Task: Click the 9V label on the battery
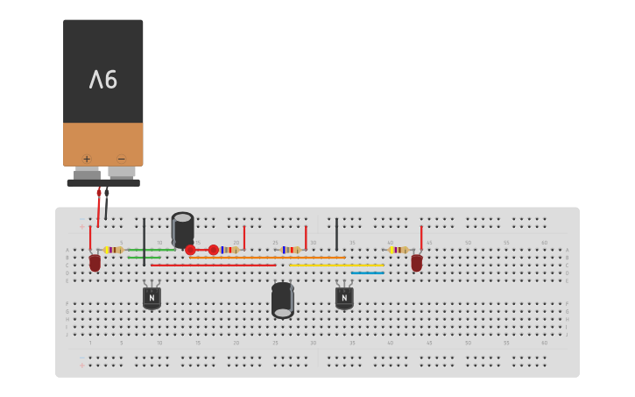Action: click(x=103, y=80)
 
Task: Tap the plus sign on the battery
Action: click(x=87, y=159)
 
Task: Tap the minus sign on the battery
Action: click(x=121, y=159)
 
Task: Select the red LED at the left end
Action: click(x=95, y=262)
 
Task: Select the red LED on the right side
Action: click(x=417, y=261)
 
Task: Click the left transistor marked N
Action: click(x=152, y=297)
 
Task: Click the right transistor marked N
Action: click(x=344, y=297)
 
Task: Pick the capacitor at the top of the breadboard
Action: click(x=183, y=229)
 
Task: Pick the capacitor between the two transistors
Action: click(x=282, y=300)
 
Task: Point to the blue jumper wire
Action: click(x=367, y=273)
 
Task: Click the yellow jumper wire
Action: click(x=336, y=265)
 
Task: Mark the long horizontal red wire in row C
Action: click(x=213, y=265)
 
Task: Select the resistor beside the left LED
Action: click(x=114, y=250)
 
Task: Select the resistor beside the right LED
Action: click(x=399, y=250)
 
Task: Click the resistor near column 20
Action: click(x=229, y=250)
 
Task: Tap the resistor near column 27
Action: click(x=291, y=250)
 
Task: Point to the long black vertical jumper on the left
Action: click(x=144, y=241)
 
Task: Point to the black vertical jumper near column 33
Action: click(x=336, y=234)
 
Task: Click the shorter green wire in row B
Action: click(x=144, y=258)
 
